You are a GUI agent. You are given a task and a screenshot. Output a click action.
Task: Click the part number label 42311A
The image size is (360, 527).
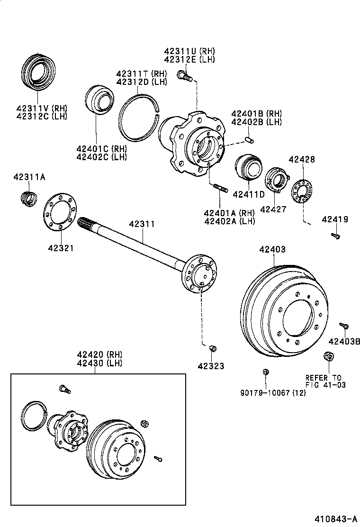[x=29, y=177]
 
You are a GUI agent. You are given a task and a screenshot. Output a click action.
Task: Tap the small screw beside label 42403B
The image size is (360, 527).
[x=344, y=326]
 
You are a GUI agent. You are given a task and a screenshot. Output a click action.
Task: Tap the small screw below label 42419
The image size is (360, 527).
[x=335, y=235]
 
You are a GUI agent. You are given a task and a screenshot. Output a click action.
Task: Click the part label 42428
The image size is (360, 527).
[x=301, y=160]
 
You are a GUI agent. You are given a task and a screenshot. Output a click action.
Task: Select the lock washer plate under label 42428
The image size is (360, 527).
[x=301, y=192]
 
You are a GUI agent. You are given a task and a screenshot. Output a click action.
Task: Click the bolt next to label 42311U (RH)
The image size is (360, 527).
[x=183, y=75]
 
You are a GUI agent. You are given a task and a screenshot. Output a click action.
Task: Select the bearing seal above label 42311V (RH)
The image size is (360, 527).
[x=38, y=73]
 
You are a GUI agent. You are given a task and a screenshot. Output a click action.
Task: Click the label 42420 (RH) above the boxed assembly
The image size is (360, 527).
[x=100, y=354]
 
